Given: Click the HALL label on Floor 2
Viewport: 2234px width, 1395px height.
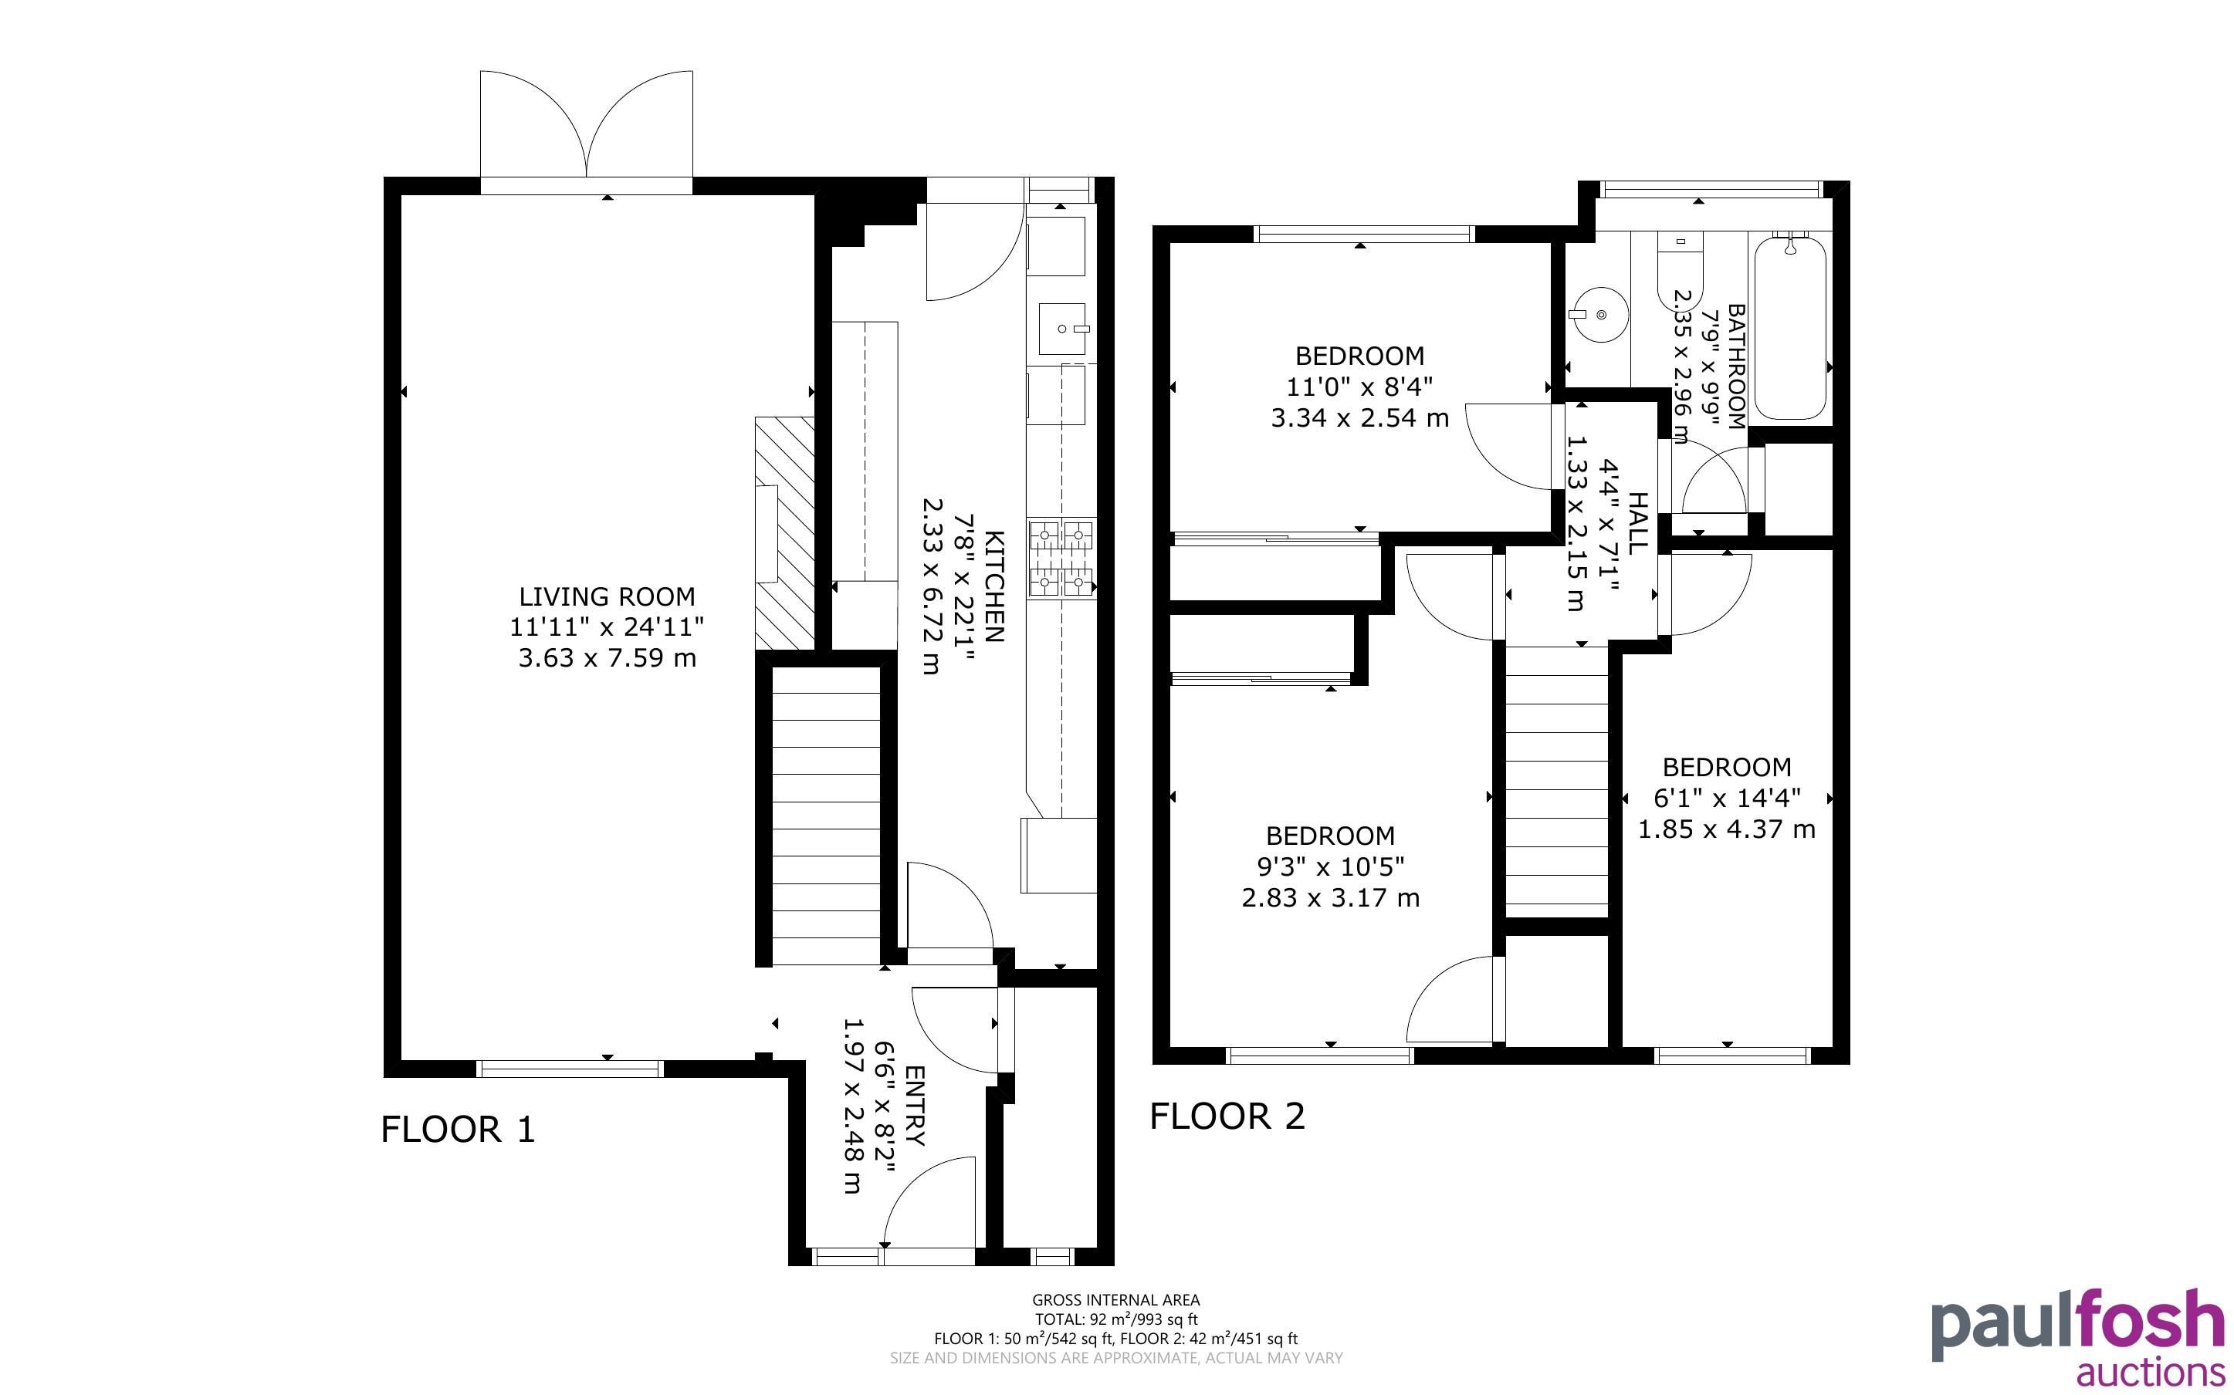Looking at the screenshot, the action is coord(1637,522).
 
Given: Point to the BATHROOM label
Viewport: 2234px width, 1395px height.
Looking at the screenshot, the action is coord(1735,366).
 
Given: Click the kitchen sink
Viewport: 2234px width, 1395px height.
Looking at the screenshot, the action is coord(1063,329).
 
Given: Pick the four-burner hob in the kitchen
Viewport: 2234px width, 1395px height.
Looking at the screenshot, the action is coord(1063,558).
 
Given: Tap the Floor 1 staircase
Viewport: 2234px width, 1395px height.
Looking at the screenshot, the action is coord(826,816).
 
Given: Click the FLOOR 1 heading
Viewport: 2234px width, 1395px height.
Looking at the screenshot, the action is coord(459,1130).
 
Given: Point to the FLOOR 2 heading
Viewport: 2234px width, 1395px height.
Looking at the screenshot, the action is coord(1227,1116).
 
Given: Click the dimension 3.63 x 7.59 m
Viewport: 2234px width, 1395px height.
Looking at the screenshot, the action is coord(608,658).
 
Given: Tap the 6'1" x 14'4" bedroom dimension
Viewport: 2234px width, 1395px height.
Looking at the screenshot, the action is coord(1727,798).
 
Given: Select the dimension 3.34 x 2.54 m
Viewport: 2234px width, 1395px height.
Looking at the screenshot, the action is coord(1360,418).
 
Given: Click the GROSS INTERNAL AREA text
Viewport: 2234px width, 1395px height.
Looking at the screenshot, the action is coord(1116,1300).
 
